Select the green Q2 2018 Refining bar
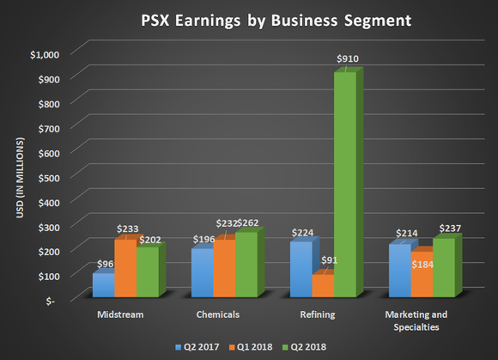344,185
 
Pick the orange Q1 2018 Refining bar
323,285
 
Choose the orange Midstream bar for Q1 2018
125,268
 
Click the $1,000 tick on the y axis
45,54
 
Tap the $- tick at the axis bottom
56,300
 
